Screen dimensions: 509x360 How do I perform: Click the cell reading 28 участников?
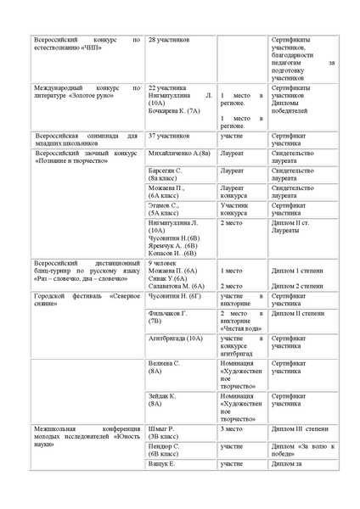[170, 40]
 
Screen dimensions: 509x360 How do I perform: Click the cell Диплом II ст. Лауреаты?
[296, 227]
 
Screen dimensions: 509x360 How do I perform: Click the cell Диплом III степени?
[299, 429]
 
